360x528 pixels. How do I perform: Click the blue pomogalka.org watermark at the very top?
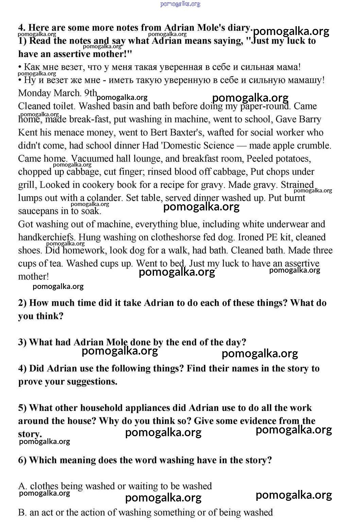pyautogui.click(x=180, y=4)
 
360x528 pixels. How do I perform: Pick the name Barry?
pyautogui.click(x=310, y=119)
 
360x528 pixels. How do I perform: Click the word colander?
pyautogui.click(x=104, y=198)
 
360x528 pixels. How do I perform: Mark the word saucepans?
pyautogui.click(x=38, y=211)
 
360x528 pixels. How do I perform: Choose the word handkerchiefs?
pyautogui.click(x=47, y=237)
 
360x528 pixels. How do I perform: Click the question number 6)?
pyautogui.click(x=22, y=460)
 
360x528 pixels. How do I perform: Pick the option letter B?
pyautogui.click(x=22, y=512)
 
